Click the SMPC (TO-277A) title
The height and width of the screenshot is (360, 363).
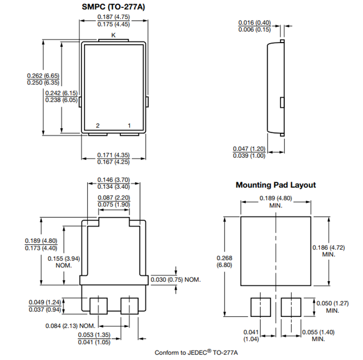113,7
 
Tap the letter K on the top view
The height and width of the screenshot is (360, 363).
113,35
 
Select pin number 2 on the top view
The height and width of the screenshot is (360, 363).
97,126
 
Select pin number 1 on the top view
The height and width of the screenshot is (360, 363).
129,126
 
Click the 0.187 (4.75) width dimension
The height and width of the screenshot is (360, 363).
113,17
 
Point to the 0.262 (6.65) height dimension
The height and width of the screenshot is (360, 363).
43,76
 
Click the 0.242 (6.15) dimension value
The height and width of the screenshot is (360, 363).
61,93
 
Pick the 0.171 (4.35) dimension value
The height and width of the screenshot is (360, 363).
113,155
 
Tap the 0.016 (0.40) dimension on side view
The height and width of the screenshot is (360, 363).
254,23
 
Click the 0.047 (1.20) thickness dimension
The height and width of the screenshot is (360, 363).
249,149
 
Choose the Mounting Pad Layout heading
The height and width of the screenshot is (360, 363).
275,185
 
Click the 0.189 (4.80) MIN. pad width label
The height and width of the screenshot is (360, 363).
275,198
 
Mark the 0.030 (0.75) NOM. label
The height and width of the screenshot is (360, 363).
175,280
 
